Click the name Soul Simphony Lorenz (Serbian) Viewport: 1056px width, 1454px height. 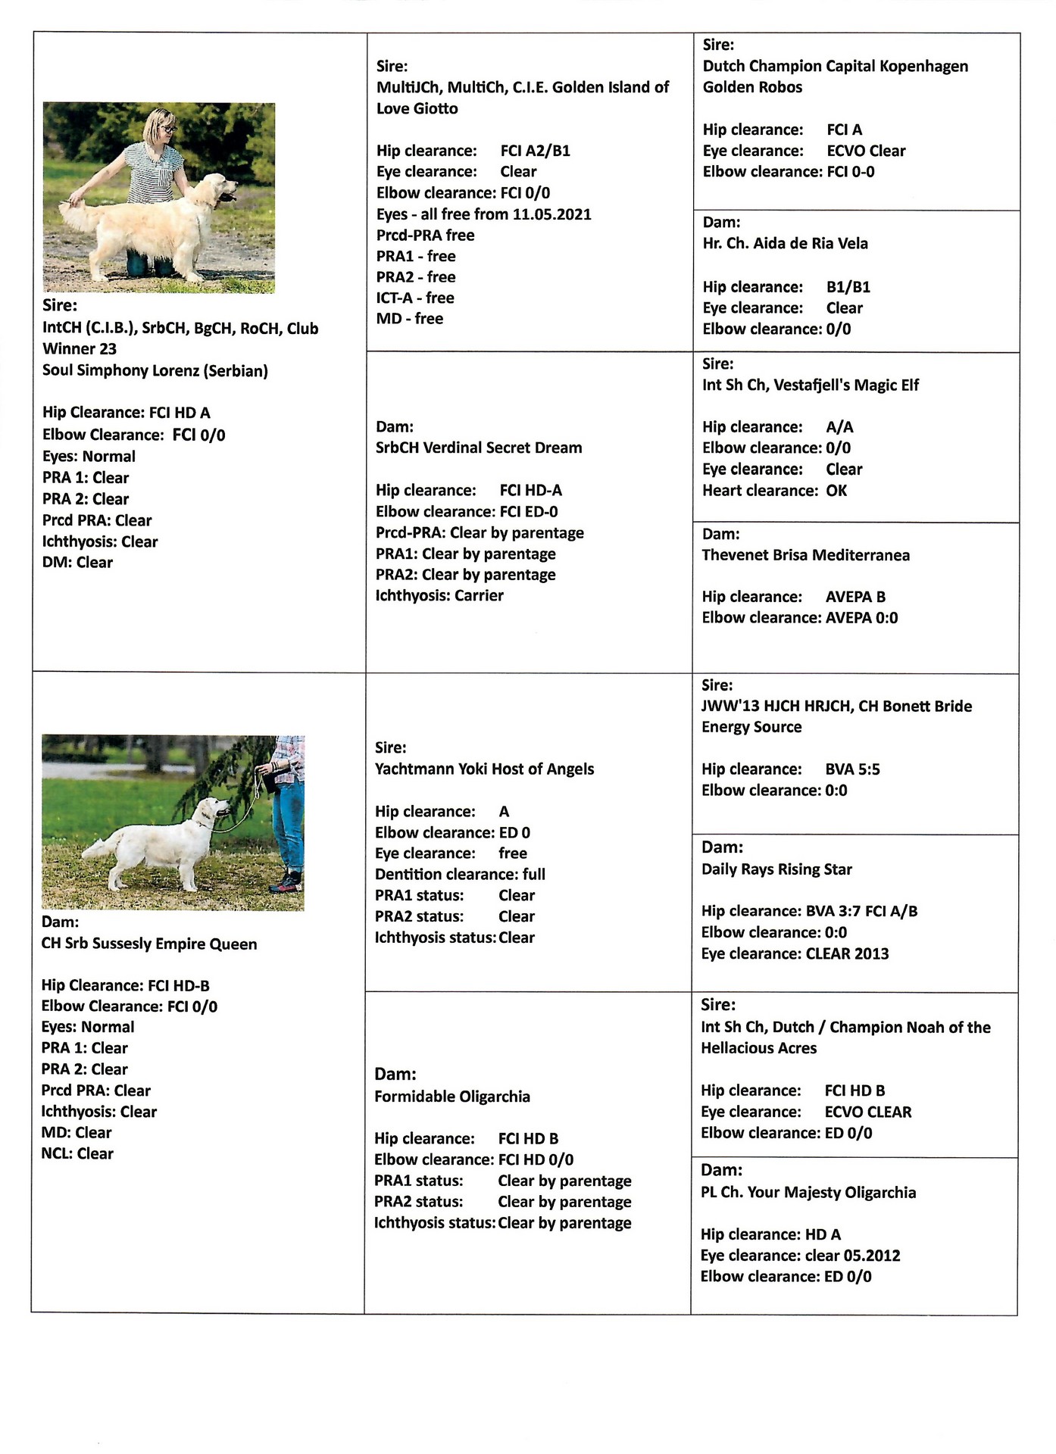[155, 371]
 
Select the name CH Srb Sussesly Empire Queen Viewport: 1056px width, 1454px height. [149, 944]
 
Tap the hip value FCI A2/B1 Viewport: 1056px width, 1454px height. [535, 151]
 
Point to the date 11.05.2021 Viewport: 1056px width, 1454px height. [551, 214]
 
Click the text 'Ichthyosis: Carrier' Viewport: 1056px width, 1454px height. [439, 596]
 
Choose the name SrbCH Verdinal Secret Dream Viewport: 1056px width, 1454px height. [479, 448]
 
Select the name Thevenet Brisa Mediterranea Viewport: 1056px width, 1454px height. [805, 555]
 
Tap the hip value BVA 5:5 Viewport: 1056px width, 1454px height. [852, 769]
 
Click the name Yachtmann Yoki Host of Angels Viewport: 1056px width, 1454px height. [484, 769]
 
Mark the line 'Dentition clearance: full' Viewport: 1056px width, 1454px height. [460, 875]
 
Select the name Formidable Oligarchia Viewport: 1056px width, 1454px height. [452, 1097]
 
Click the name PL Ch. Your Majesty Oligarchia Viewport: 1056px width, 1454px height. [808, 1193]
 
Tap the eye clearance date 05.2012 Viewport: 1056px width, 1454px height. [872, 1256]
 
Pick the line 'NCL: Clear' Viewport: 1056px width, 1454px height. [77, 1154]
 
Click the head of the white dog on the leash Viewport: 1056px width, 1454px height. [215, 810]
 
